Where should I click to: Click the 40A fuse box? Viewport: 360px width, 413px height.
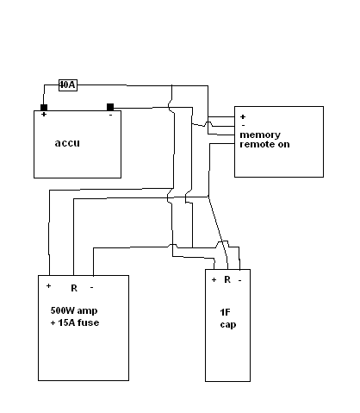[x=68, y=85]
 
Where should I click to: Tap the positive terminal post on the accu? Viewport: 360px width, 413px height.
[x=44, y=108]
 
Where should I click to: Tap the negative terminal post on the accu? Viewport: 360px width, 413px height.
[x=110, y=107]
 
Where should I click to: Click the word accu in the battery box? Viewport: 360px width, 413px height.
[x=67, y=143]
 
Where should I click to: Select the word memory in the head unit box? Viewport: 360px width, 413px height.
[x=260, y=135]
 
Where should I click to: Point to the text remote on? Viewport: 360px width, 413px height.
[x=264, y=144]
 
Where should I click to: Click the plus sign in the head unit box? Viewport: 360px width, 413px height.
[x=243, y=116]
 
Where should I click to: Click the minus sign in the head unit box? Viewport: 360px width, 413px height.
[x=244, y=125]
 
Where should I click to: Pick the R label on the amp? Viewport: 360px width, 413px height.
[x=74, y=288]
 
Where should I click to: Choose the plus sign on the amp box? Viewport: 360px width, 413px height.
[x=48, y=285]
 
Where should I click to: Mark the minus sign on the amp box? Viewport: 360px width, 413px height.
[x=92, y=287]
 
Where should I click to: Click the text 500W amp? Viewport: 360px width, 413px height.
[x=74, y=310]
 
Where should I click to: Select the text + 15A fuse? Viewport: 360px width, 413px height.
[x=75, y=322]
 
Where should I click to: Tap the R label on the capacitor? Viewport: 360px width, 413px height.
[x=227, y=279]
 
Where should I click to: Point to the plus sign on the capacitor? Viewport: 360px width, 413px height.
[x=214, y=279]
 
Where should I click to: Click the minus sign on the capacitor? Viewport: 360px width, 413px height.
[x=240, y=280]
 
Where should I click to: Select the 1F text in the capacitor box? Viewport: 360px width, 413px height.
[x=225, y=312]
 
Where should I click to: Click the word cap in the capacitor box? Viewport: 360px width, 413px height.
[x=228, y=325]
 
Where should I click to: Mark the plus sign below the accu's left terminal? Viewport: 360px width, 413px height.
[x=44, y=115]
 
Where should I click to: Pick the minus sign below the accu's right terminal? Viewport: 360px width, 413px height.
[x=111, y=115]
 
